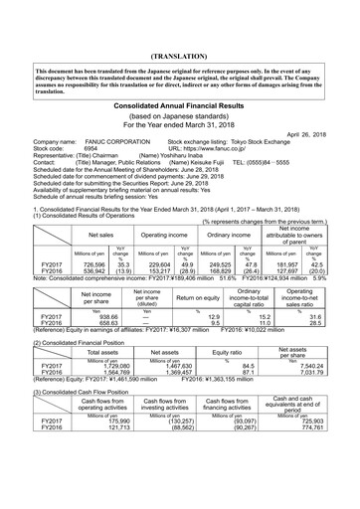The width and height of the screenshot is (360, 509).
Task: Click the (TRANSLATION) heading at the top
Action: (x=179, y=45)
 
